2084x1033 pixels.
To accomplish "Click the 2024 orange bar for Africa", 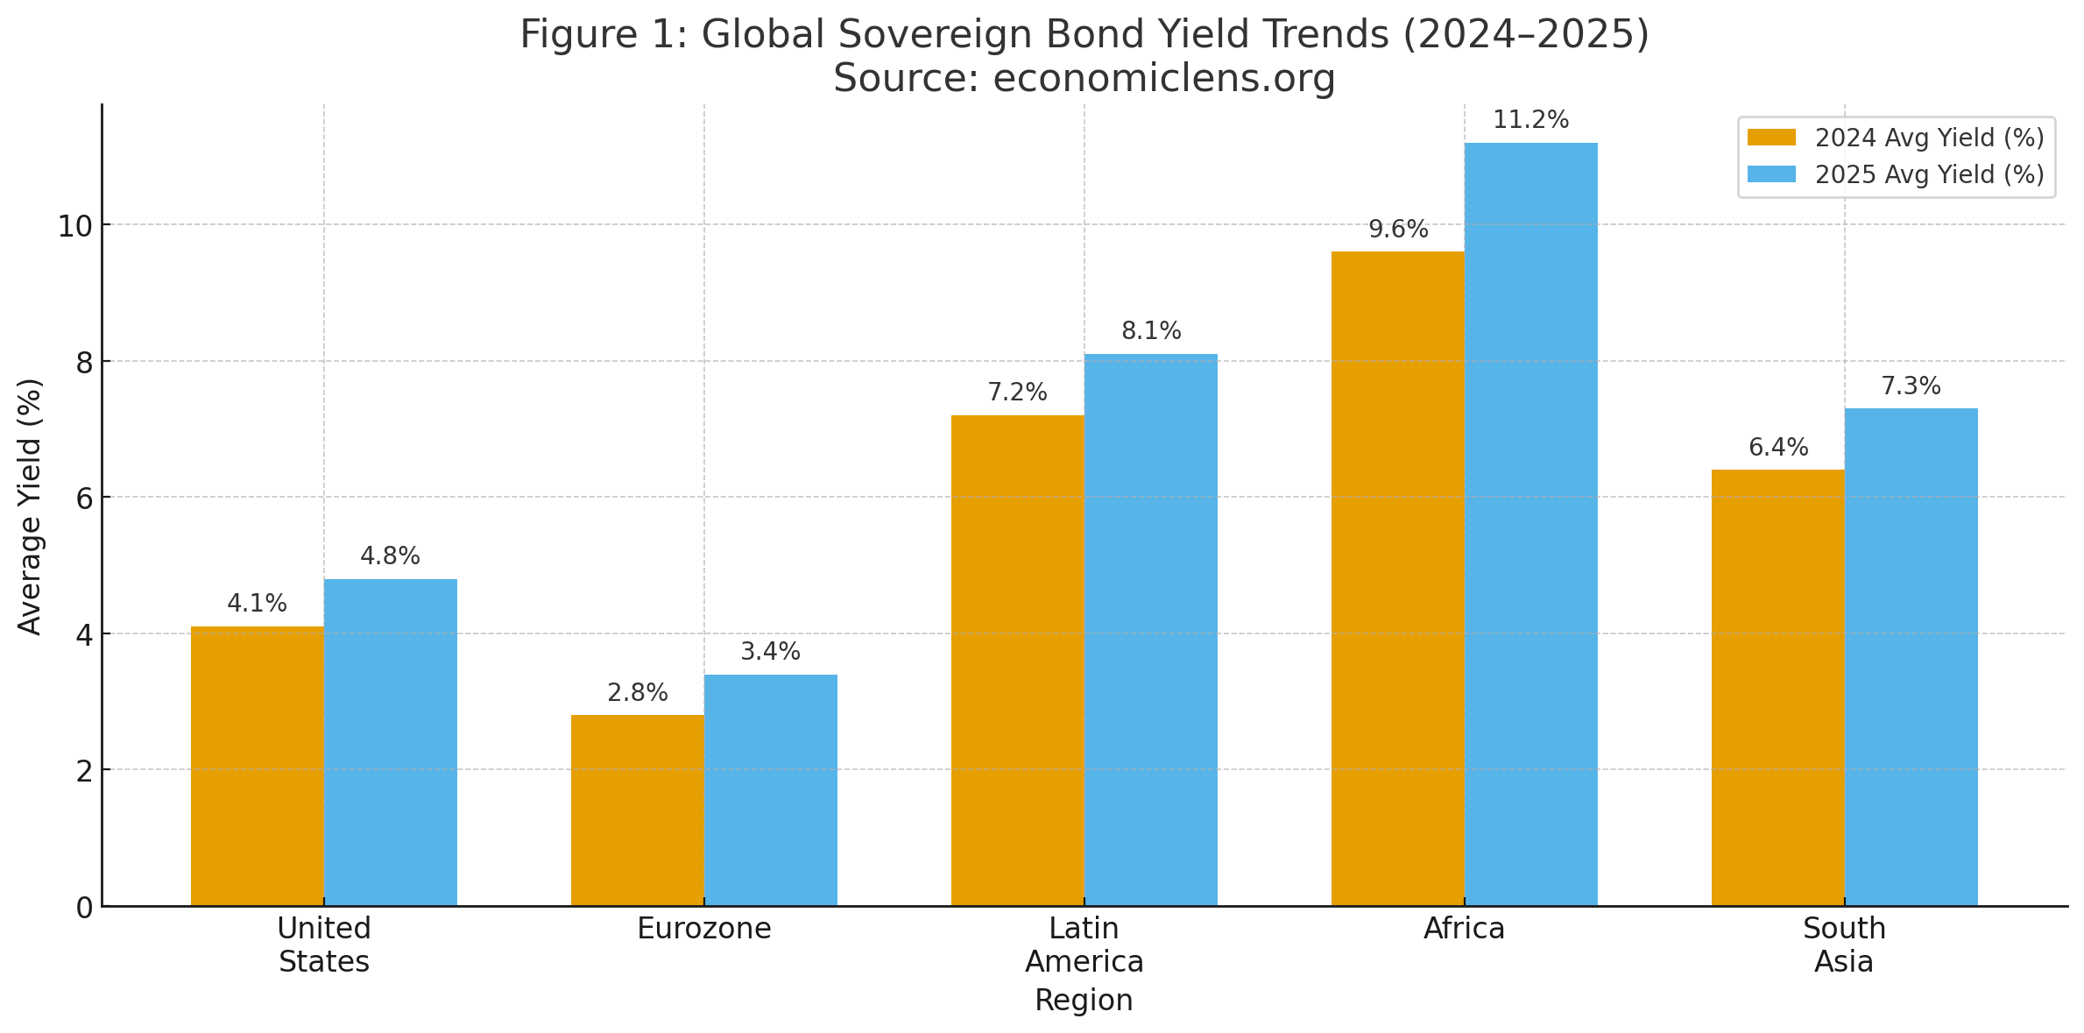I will point(1397,578).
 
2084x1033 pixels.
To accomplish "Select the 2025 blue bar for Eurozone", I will point(770,789).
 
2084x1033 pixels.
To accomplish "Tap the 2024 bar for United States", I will point(257,766).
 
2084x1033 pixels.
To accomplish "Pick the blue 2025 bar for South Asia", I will point(1911,657).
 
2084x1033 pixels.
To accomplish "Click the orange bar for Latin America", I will point(1017,661).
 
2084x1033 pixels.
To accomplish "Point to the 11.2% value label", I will point(1530,120).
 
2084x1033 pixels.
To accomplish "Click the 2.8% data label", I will point(637,693).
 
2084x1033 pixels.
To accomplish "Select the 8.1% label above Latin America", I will point(1150,331).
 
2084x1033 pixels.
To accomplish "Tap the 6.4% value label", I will point(1777,448).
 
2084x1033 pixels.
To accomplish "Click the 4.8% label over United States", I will point(390,556).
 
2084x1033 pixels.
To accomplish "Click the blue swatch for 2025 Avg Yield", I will point(1771,174).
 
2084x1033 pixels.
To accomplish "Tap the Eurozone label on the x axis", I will point(703,929).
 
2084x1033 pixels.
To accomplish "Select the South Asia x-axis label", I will point(1844,945).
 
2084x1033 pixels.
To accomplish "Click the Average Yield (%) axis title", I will point(31,506).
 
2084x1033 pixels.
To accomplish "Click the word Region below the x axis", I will point(1084,1001).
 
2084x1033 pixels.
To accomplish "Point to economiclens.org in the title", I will point(1163,79).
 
